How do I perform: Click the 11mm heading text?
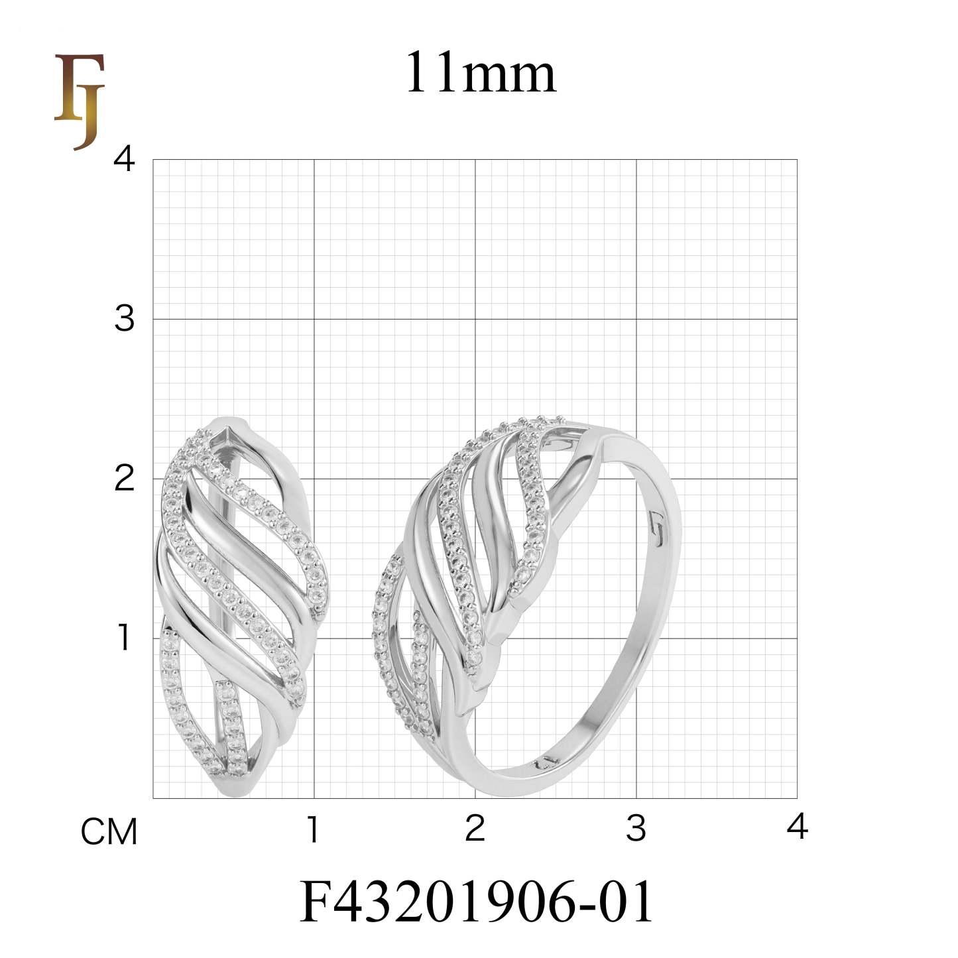[480, 72]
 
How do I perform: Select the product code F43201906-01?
[476, 901]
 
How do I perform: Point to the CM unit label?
[109, 832]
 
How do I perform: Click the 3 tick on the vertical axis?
[124, 319]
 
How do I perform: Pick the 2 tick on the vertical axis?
[124, 478]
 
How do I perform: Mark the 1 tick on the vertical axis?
[124, 638]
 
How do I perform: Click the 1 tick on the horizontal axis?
[313, 829]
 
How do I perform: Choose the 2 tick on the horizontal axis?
[475, 829]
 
